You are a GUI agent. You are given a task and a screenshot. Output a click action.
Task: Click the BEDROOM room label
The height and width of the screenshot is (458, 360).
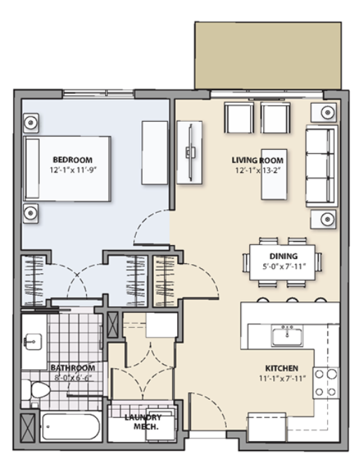tap(72, 160)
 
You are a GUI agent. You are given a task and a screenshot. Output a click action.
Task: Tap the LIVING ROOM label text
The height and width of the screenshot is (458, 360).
tap(258, 160)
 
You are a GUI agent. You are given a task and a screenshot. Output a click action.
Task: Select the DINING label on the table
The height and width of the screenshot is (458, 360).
tap(284, 256)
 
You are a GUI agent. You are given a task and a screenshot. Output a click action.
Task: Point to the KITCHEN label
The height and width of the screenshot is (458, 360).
tap(282, 368)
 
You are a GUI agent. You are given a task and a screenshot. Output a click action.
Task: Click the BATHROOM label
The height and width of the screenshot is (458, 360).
tap(73, 368)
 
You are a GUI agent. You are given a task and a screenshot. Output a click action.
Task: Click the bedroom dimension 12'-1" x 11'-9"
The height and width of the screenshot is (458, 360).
tap(73, 169)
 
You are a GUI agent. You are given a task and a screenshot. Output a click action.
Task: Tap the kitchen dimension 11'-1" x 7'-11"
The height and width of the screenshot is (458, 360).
tap(282, 378)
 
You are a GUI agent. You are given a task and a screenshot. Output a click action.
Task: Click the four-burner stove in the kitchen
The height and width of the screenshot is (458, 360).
tap(326, 383)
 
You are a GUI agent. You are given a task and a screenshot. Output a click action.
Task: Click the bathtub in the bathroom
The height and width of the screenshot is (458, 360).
tap(71, 427)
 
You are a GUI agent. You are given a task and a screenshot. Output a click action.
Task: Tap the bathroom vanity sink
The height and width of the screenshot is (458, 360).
tap(33, 341)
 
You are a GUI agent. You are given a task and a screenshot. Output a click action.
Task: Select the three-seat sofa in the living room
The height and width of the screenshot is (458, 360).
tap(321, 166)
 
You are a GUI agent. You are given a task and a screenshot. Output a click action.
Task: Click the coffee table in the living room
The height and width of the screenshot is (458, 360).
tap(274, 174)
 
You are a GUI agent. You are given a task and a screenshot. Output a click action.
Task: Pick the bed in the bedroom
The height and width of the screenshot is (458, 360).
tap(67, 169)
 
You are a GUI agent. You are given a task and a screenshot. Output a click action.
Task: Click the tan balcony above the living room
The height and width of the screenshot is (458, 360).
tap(268, 55)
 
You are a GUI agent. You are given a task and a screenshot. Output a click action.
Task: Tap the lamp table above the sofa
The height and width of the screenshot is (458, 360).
tap(323, 112)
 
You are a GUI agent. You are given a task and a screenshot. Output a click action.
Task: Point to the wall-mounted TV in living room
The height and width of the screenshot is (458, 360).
tap(190, 153)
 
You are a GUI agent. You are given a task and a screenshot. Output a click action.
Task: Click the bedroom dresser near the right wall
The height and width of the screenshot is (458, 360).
tap(155, 153)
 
